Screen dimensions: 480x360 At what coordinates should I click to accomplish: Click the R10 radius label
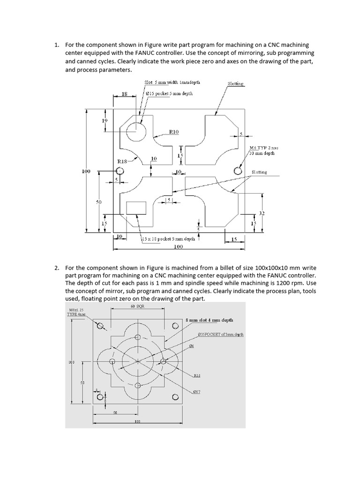click(x=174, y=132)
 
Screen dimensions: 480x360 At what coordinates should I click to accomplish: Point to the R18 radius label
click(x=121, y=161)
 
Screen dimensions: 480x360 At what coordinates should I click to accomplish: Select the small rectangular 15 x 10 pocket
click(x=137, y=208)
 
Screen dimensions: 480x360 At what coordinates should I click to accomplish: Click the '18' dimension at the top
click(x=125, y=94)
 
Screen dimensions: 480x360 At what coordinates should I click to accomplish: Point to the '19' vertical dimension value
click(x=105, y=120)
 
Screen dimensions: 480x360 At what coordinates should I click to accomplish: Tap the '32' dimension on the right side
click(x=262, y=213)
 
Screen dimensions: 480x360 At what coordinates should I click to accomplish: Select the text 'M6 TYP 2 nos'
click(x=264, y=148)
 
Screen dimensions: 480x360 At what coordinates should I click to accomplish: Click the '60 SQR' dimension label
click(x=137, y=306)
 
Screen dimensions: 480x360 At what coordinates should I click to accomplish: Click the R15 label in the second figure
click(x=197, y=375)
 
